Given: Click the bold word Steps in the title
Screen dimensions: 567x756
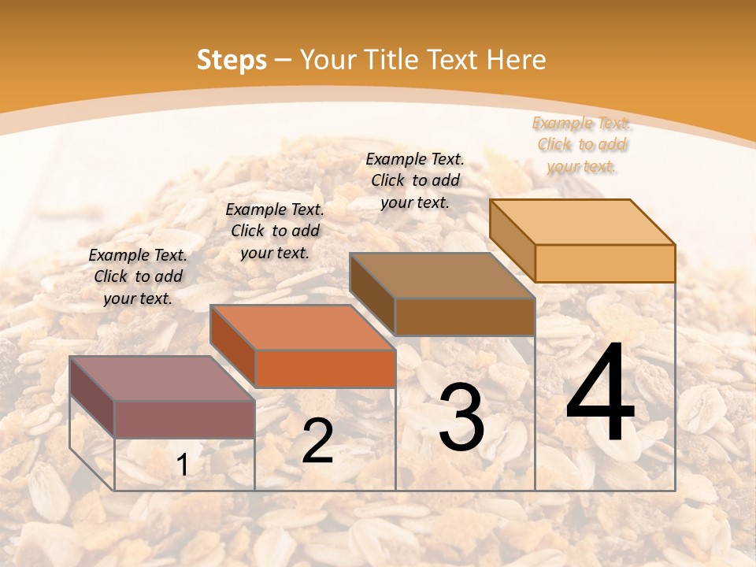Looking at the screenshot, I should click(232, 60).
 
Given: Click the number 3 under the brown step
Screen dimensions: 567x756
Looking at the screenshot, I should click(461, 417).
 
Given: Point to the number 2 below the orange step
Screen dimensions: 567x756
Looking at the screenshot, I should click(317, 442).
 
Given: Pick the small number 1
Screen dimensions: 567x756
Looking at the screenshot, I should click(183, 465).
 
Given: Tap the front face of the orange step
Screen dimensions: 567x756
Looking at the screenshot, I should click(325, 369).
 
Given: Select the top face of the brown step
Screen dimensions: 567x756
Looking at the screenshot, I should click(442, 276).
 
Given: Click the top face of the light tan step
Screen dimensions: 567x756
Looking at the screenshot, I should click(582, 222).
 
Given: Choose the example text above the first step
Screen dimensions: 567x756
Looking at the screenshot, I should click(138, 276).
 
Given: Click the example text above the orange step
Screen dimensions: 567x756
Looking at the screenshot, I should click(275, 231).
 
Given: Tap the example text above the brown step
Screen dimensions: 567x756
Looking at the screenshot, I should click(415, 180).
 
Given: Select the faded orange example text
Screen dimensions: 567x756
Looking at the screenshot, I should click(581, 145).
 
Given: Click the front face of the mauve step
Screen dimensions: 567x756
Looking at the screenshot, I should click(184, 419).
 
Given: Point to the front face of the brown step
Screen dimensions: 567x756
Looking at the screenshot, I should click(465, 317).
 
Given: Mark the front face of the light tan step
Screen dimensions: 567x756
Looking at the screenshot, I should click(605, 263).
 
